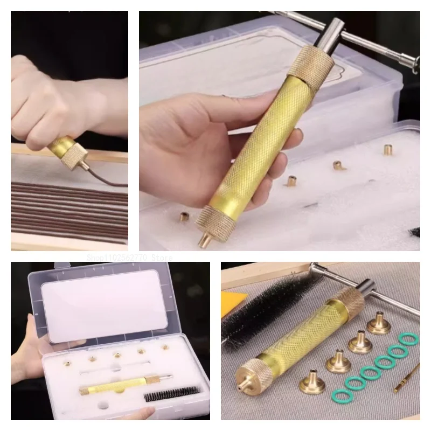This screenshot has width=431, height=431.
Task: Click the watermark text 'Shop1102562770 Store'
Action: coord(129,258)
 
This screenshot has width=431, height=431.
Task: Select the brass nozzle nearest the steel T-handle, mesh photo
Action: coord(379,324)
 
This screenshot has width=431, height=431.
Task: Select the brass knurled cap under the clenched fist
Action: coord(69,154)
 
